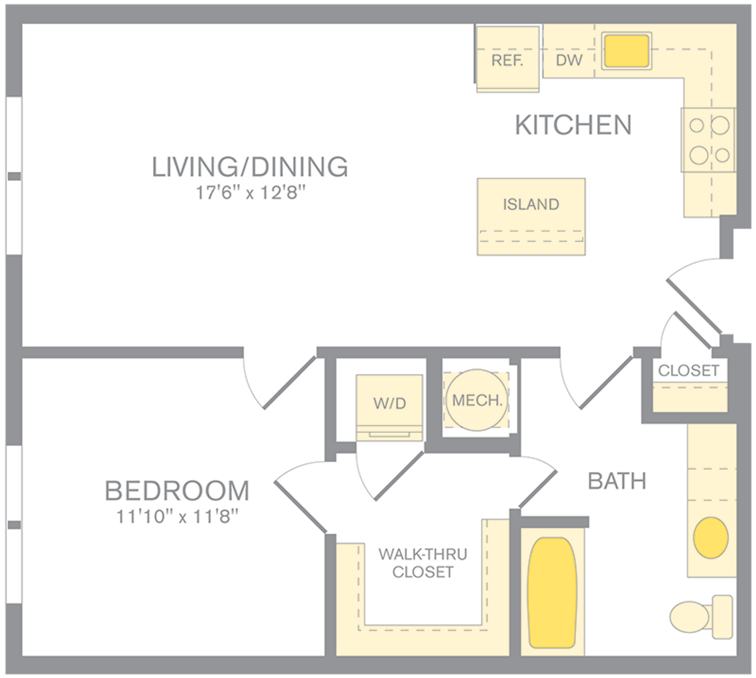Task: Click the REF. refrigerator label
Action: pyautogui.click(x=507, y=61)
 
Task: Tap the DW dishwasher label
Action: pyautogui.click(x=569, y=60)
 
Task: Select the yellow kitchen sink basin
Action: pyautogui.click(x=626, y=51)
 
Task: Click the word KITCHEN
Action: pyautogui.click(x=573, y=126)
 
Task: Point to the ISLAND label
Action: pyautogui.click(x=531, y=205)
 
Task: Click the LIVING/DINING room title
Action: pyautogui.click(x=250, y=167)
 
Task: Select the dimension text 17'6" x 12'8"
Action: pyautogui.click(x=251, y=193)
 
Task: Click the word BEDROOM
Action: pyautogui.click(x=177, y=491)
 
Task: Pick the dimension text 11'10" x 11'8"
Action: pyautogui.click(x=178, y=517)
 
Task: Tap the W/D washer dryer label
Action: pyautogui.click(x=389, y=403)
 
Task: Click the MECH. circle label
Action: pyautogui.click(x=477, y=400)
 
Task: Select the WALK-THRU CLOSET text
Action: pyautogui.click(x=423, y=563)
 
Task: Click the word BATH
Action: pyautogui.click(x=617, y=481)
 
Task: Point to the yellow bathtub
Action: pyautogui.click(x=552, y=593)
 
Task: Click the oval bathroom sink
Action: pyautogui.click(x=711, y=538)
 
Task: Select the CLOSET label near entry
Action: pyautogui.click(x=689, y=370)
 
